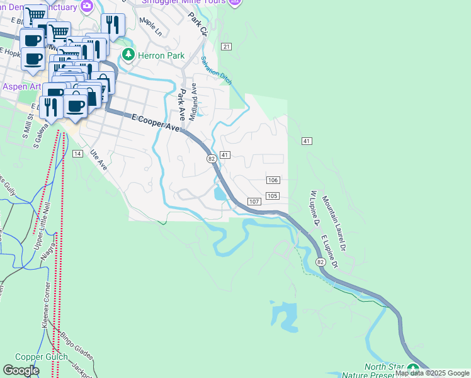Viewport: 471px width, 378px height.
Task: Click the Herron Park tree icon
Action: click(x=129, y=55)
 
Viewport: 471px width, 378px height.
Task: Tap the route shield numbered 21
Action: click(x=227, y=47)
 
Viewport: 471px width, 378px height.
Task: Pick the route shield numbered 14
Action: click(x=77, y=154)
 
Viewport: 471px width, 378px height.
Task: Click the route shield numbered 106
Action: click(x=273, y=180)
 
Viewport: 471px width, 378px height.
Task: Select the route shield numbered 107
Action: click(x=254, y=202)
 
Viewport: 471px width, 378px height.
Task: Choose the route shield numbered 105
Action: click(x=273, y=196)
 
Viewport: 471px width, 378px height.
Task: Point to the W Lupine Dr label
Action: click(x=315, y=208)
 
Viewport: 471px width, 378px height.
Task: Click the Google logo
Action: click(x=21, y=370)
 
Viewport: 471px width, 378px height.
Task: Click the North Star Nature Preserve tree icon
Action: click(x=413, y=369)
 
